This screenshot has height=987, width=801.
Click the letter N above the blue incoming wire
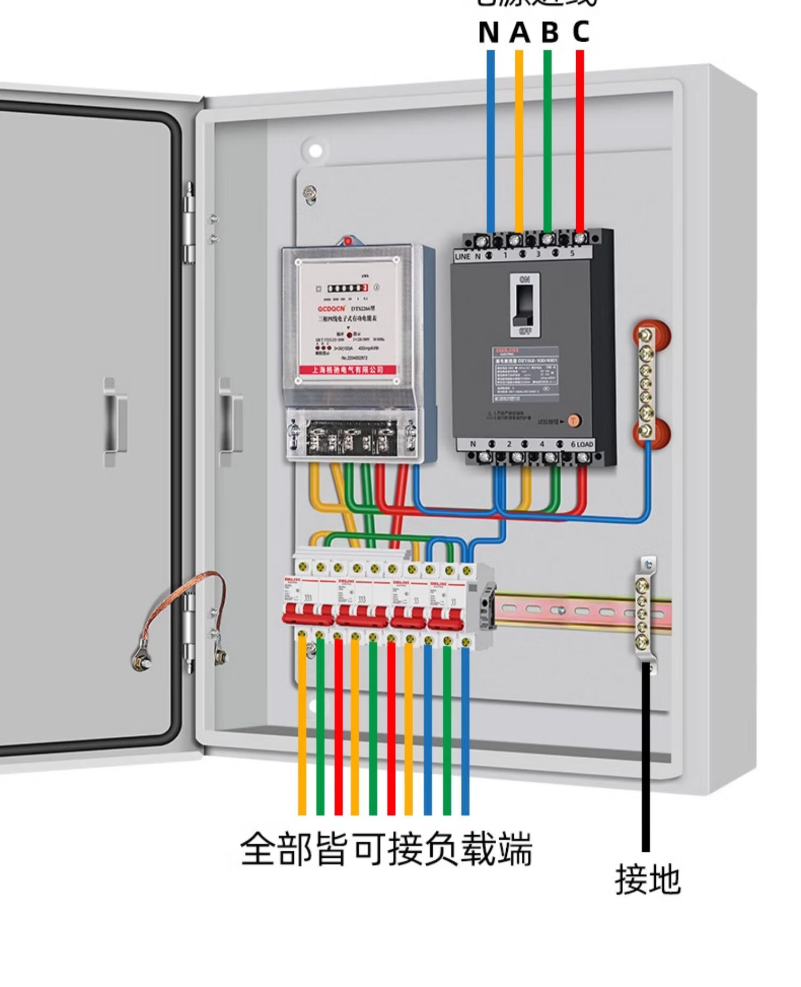489,33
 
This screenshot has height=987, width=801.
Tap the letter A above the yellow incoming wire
519,33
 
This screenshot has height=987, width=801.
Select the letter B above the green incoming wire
549,33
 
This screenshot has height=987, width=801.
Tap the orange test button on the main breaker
574,421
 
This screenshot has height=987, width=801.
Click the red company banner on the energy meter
348,370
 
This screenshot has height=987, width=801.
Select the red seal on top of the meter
347,241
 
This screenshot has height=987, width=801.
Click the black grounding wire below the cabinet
646,759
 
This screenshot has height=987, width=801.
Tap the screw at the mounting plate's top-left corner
309,192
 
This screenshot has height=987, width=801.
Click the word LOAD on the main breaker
585,445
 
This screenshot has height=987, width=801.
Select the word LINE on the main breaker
462,257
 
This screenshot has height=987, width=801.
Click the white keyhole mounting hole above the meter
315,150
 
